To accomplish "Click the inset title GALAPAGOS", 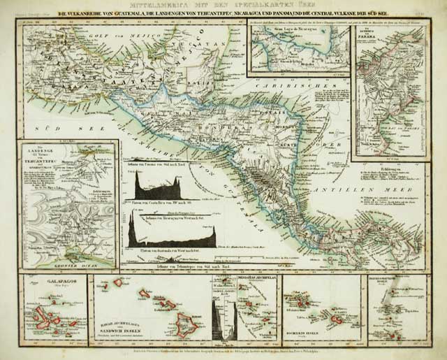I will click(44, 285).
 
